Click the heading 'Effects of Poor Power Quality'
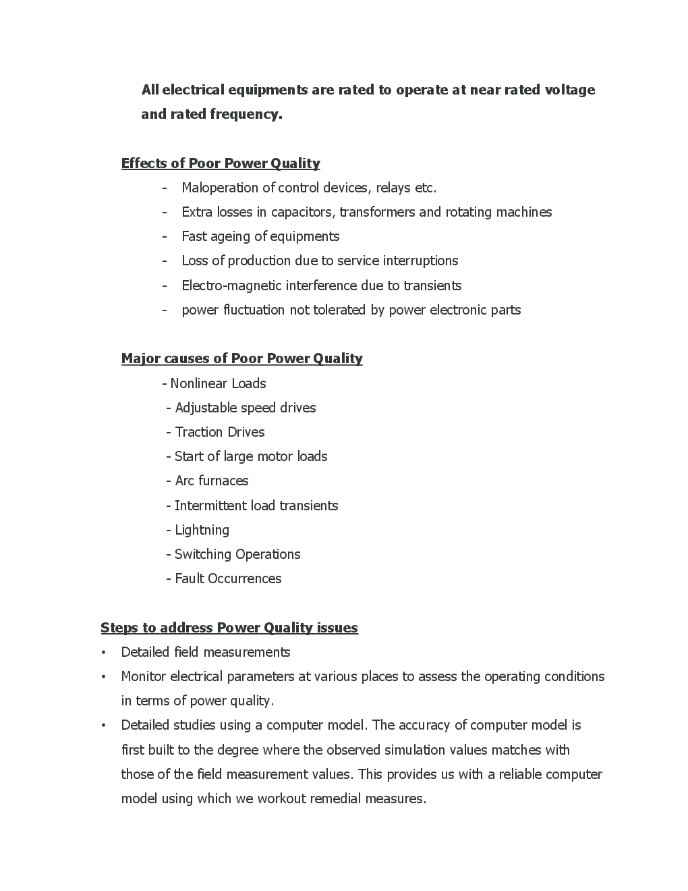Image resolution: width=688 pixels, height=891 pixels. pyautogui.click(x=220, y=163)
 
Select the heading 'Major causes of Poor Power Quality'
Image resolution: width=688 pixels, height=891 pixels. pyautogui.click(x=241, y=358)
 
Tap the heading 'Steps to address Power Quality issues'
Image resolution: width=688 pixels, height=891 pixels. pyautogui.click(x=229, y=628)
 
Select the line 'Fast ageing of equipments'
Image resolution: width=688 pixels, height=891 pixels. pyautogui.click(x=260, y=236)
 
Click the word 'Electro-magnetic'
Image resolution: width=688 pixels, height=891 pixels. pyautogui.click(x=231, y=286)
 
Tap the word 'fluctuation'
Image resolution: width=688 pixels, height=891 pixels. pyautogui.click(x=254, y=310)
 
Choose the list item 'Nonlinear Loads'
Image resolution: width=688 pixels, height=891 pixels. pyautogui.click(x=218, y=383)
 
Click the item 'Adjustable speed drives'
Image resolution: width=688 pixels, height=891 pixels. pyautogui.click(x=245, y=408)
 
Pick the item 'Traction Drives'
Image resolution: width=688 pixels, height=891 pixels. pyautogui.click(x=220, y=432)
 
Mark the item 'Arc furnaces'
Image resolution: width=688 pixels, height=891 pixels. pyautogui.click(x=212, y=481)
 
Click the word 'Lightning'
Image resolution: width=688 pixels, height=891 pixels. pyautogui.click(x=202, y=530)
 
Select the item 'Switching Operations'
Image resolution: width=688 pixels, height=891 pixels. pyautogui.click(x=237, y=554)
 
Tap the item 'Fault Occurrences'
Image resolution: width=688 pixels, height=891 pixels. pyautogui.click(x=228, y=578)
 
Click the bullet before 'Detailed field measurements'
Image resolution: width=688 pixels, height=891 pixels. pyautogui.click(x=103, y=653)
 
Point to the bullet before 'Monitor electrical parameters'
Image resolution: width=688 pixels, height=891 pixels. pyautogui.click(x=103, y=677)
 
